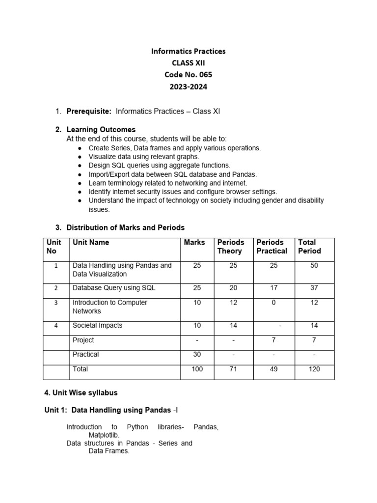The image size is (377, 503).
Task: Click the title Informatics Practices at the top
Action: click(x=188, y=51)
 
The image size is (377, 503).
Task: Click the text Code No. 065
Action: click(x=188, y=75)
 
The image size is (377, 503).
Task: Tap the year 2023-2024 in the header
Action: click(x=188, y=87)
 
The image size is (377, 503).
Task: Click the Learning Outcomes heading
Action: click(x=101, y=130)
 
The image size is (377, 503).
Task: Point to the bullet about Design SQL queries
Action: click(x=159, y=166)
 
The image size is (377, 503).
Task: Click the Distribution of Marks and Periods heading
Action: click(x=125, y=227)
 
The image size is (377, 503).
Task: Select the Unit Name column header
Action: click(x=91, y=242)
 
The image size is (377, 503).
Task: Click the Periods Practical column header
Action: click(x=271, y=247)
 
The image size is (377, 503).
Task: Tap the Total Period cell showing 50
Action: click(x=314, y=265)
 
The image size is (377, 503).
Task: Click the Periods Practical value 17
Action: click(x=274, y=288)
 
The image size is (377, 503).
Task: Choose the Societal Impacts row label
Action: click(x=97, y=325)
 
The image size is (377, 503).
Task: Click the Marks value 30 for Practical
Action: click(x=197, y=354)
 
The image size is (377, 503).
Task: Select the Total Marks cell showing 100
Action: click(x=197, y=369)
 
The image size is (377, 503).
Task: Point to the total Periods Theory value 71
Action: click(x=233, y=369)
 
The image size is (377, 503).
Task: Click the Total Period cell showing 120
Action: click(x=314, y=369)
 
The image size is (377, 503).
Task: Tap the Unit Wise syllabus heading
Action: click(x=81, y=393)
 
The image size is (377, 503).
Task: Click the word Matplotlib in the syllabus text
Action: click(x=104, y=435)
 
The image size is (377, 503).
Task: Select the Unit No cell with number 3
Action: click(x=56, y=303)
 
